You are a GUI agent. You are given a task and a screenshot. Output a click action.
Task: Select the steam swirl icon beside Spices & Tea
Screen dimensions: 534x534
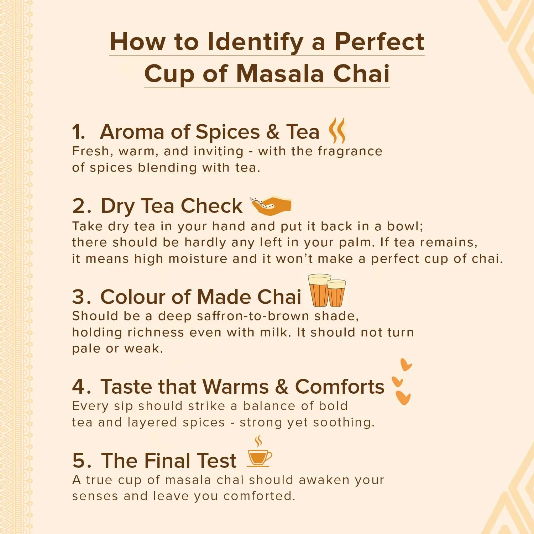pyautogui.click(x=337, y=130)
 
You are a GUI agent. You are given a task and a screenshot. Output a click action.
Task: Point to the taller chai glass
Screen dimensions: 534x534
pyautogui.click(x=319, y=290)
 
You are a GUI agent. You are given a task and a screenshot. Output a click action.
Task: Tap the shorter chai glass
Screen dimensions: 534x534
pyautogui.click(x=336, y=293)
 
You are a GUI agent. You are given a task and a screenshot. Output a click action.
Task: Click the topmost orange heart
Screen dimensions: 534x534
pyautogui.click(x=405, y=365)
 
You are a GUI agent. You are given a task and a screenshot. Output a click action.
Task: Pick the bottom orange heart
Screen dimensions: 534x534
pyautogui.click(x=403, y=398)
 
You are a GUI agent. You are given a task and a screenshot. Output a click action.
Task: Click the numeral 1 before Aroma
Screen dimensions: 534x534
pyautogui.click(x=78, y=132)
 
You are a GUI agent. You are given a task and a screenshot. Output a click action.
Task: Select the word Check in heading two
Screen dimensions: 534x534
pyautogui.click(x=211, y=206)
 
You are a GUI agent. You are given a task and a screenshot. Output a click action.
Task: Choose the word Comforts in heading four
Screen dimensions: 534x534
pyautogui.click(x=340, y=387)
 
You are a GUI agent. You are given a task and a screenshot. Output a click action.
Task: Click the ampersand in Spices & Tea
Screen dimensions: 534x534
pyautogui.click(x=273, y=132)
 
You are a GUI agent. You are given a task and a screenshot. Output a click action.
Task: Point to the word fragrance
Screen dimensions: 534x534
pyautogui.click(x=350, y=152)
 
